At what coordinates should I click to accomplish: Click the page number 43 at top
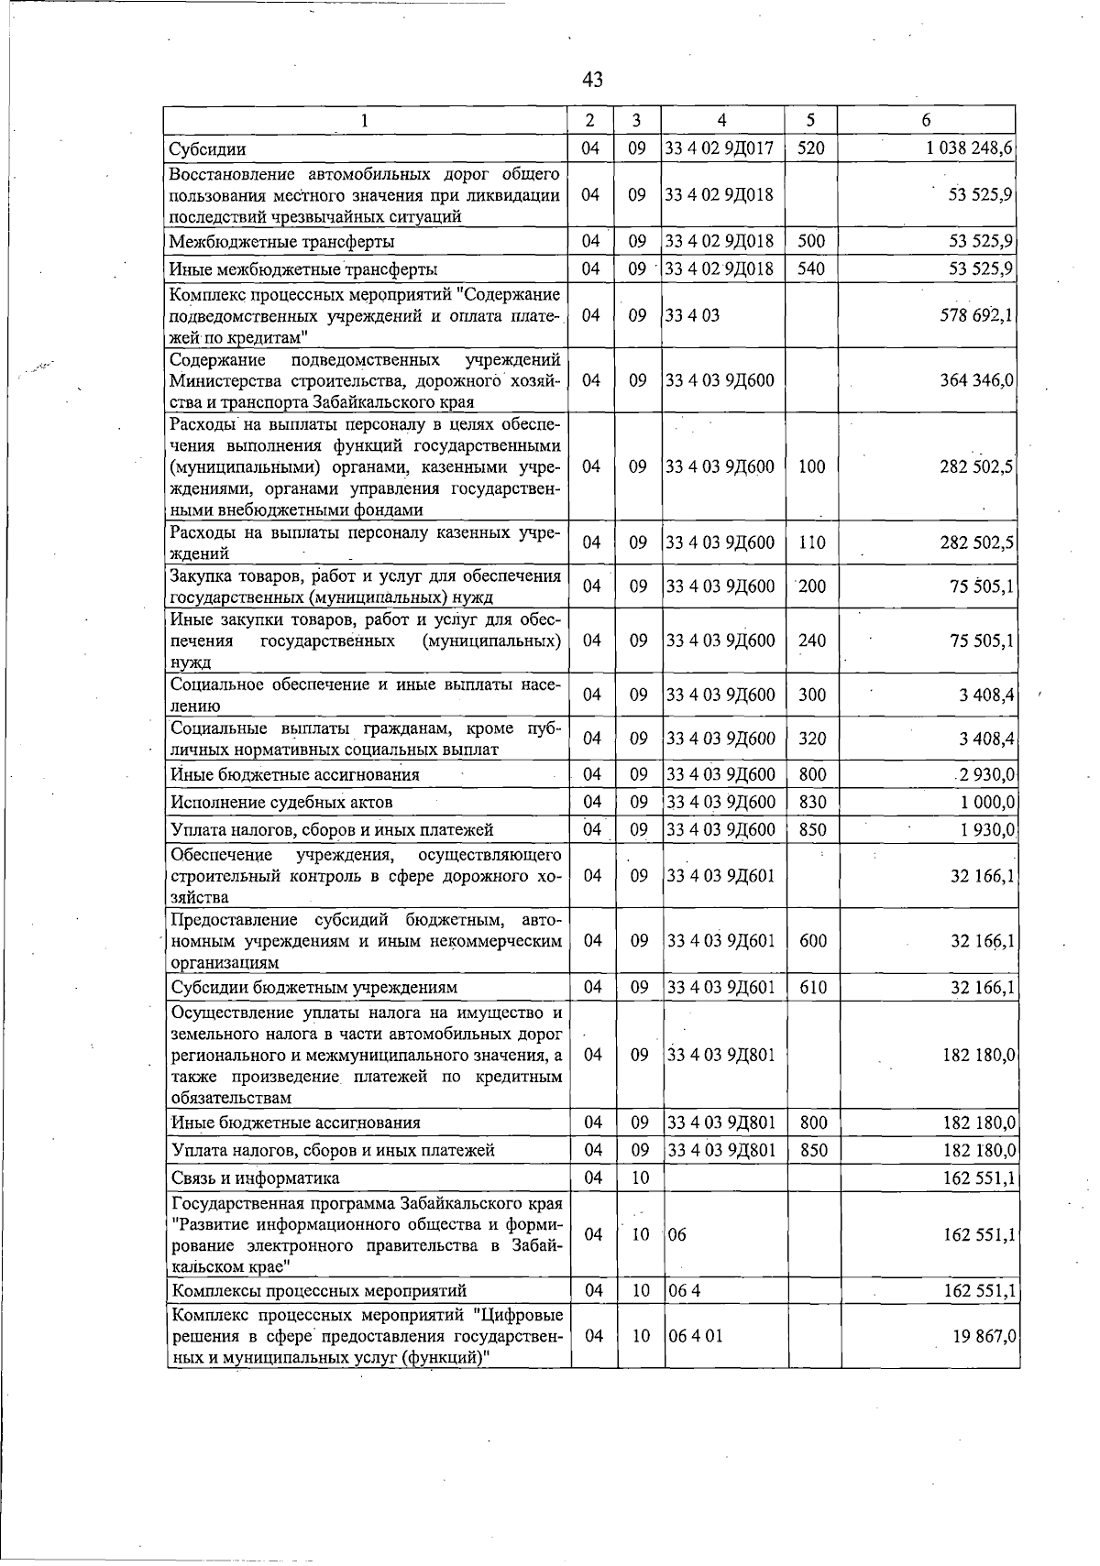(592, 81)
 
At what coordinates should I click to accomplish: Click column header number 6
(926, 120)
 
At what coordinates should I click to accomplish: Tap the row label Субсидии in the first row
(207, 148)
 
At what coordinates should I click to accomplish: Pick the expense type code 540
(811, 269)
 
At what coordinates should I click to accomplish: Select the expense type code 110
(811, 542)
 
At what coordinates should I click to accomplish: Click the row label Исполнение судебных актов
(282, 802)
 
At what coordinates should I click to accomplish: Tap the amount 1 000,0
(986, 802)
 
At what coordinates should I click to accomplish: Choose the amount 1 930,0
(986, 829)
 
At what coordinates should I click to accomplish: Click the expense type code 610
(812, 987)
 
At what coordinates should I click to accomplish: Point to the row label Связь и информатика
(255, 1177)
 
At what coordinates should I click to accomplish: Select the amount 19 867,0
(982, 1335)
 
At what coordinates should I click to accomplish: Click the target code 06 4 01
(696, 1335)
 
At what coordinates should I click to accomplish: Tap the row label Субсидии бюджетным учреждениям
(313, 987)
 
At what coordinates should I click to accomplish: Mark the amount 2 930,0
(985, 775)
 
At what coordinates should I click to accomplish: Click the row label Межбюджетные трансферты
(282, 242)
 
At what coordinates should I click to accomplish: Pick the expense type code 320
(812, 739)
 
